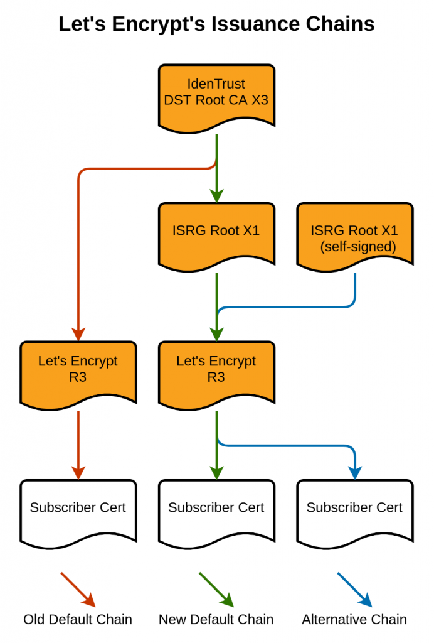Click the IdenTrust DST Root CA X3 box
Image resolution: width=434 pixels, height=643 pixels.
(216, 94)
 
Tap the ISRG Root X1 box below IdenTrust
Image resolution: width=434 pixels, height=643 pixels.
(216, 232)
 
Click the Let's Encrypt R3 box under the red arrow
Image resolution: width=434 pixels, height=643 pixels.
(78, 370)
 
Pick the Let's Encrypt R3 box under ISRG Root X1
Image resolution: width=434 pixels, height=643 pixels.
(216, 370)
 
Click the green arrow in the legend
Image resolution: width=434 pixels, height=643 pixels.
(216, 590)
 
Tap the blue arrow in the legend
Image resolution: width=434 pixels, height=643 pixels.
(355, 590)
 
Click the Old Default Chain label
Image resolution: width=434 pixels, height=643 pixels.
(78, 620)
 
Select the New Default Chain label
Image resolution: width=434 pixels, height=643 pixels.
(216, 620)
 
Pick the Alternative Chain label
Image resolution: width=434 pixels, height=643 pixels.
(354, 620)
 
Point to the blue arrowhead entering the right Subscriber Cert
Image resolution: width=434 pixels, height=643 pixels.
(355, 473)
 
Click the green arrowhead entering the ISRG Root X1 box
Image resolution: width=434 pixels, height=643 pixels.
(216, 196)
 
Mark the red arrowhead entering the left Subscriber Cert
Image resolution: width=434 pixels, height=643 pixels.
(78, 473)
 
